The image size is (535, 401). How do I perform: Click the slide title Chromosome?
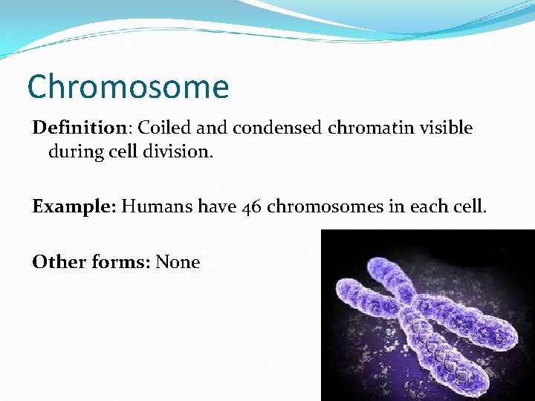tap(128, 87)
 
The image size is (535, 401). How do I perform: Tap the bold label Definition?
tap(80, 128)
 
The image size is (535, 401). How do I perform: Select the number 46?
tap(252, 206)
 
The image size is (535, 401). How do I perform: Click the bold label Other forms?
tap(91, 261)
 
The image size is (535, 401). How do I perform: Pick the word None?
tap(178, 261)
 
